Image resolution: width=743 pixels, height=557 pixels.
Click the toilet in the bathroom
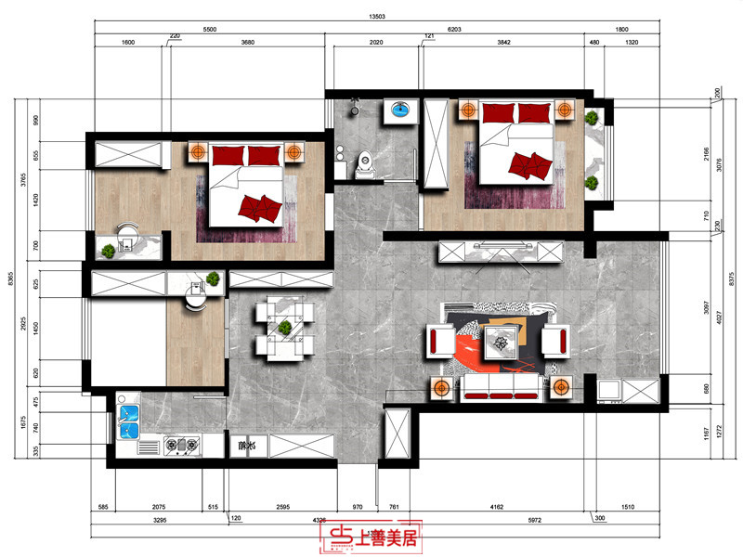click(x=364, y=164)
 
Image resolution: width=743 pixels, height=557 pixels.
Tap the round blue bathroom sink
click(x=401, y=110)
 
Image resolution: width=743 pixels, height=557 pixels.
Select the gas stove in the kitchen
click(x=181, y=447)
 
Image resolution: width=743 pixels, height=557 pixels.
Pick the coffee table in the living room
click(x=501, y=343)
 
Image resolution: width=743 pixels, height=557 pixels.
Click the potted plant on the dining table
click(x=284, y=327)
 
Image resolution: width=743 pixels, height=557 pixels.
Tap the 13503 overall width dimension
click(x=377, y=15)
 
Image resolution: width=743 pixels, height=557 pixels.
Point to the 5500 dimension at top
click(x=209, y=31)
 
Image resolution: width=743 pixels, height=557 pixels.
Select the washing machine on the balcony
click(x=611, y=390)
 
